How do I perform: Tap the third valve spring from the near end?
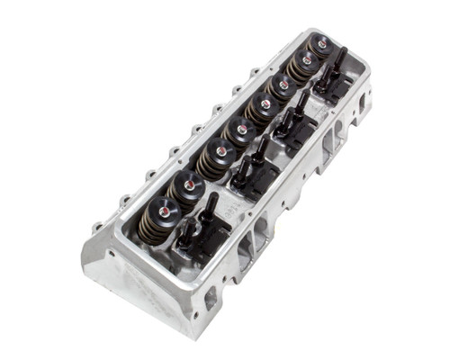point(215,158)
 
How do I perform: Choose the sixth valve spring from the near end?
point(281,87)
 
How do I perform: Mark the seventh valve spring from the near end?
point(302,65)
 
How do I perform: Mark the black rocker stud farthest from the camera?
point(339,56)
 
